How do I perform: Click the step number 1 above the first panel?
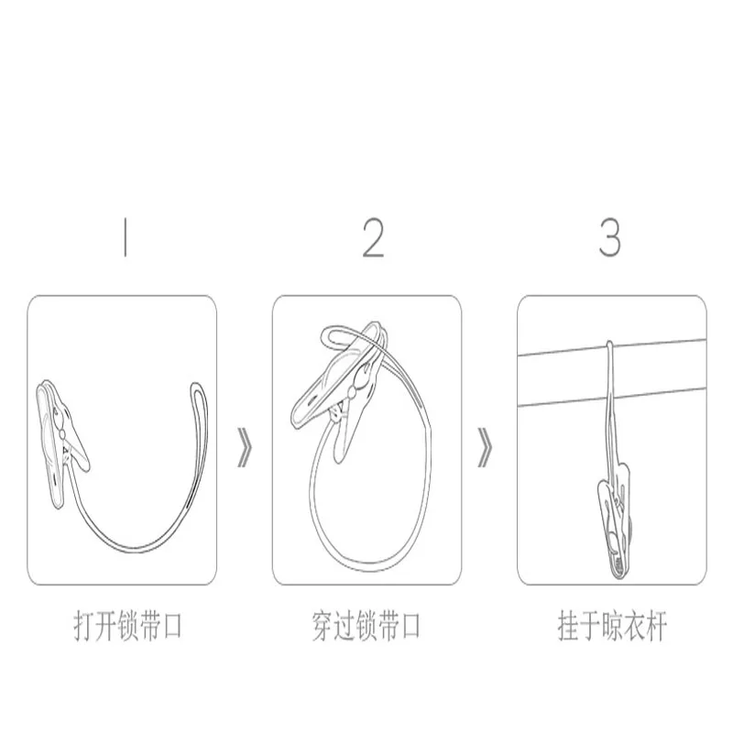pos(125,238)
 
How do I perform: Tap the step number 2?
pos(374,238)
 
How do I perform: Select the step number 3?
pos(610,238)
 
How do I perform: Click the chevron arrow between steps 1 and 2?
pos(245,447)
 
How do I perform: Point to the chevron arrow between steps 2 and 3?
pos(485,447)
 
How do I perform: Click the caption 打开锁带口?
pos(127,626)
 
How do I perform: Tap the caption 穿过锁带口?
pos(366,626)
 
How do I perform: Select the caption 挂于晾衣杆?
pos(612,626)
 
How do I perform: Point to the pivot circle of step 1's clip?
pos(62,434)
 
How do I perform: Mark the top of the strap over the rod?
pos(608,344)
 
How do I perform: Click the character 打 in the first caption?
pos(83,626)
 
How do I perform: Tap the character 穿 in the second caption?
pos(323,626)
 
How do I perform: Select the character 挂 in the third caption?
pos(568,626)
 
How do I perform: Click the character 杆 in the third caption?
pos(656,626)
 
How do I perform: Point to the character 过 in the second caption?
pos(345,626)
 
